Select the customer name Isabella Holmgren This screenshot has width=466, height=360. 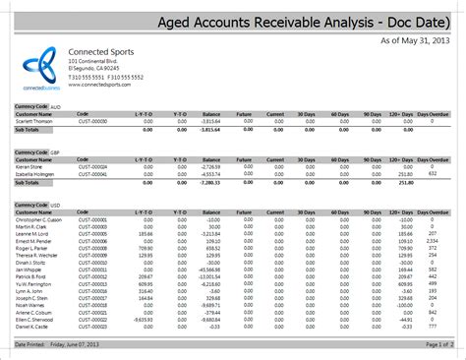(35, 175)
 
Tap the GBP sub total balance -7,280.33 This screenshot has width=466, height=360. (207, 183)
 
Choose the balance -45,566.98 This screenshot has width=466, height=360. (205, 270)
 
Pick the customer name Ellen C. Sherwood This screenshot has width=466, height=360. (36, 319)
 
